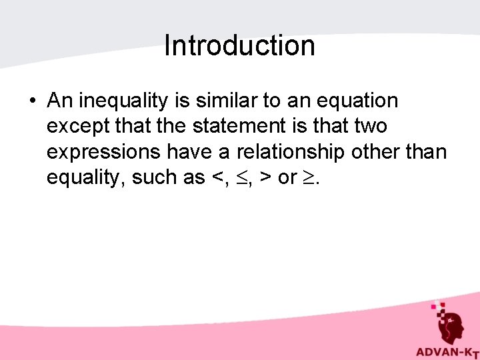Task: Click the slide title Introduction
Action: tap(239, 46)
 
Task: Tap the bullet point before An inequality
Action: tap(32, 101)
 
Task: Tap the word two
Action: tap(368, 127)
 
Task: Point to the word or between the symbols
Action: tap(285, 179)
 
